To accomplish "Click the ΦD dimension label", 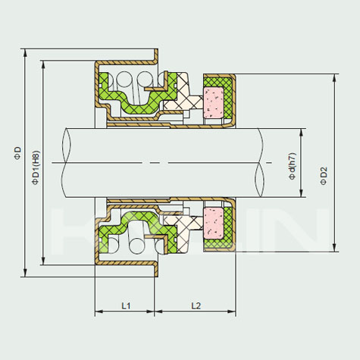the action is [x=17, y=153].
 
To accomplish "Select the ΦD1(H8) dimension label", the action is [x=35, y=167].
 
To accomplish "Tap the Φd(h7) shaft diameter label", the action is [x=293, y=166].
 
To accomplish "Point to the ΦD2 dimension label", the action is [x=324, y=176].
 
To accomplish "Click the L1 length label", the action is [x=126, y=306].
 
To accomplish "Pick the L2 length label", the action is [x=196, y=306].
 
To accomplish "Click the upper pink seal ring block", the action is [x=214, y=102].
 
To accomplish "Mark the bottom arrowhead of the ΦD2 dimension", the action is [x=334, y=248].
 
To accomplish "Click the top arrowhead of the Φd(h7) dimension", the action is [x=301, y=133].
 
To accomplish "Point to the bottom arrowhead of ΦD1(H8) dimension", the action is [x=43, y=261].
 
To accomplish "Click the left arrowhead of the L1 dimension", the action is [x=99, y=311].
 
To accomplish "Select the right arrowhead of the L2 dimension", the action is [x=231, y=311].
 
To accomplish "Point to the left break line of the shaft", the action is [x=66, y=163].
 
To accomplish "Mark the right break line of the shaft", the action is [x=259, y=163].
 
